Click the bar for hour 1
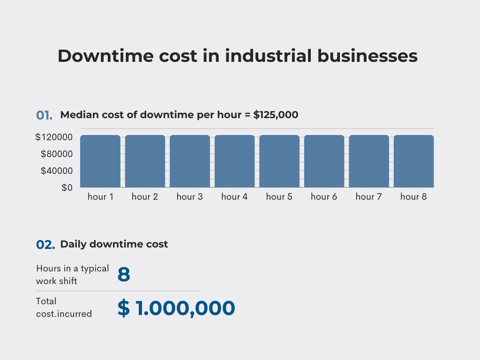[x=100, y=161]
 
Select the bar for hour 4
[x=234, y=161]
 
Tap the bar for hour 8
[x=413, y=161]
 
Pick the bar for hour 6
[x=324, y=161]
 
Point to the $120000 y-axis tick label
[x=53, y=137]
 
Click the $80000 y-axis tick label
[x=56, y=154]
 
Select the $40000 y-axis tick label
[x=56, y=171]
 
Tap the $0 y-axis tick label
[x=67, y=188]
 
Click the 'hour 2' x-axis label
[x=145, y=197]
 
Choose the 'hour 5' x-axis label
[x=279, y=197]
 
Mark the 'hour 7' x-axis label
[x=368, y=197]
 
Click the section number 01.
[x=44, y=115]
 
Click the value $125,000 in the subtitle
[x=276, y=114]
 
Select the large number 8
[x=124, y=275]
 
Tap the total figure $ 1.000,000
[x=176, y=308]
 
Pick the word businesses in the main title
[x=367, y=56]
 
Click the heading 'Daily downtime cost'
[x=114, y=244]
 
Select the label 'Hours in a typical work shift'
[x=72, y=275]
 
